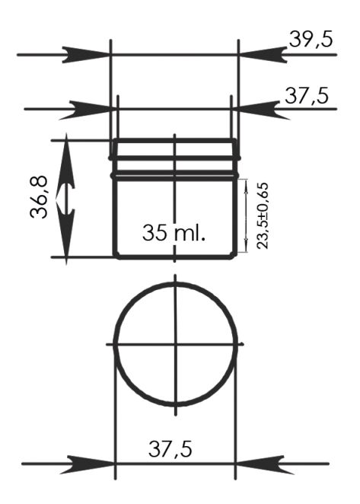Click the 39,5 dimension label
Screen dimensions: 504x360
tap(311, 40)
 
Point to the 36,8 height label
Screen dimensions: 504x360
tap(41, 197)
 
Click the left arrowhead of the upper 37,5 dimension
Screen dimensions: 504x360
tap(96, 109)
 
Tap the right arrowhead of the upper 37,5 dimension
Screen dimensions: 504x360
tap(254, 109)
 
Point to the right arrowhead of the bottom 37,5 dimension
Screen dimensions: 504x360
tap(258, 462)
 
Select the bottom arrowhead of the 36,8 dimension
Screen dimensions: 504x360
tap(67, 248)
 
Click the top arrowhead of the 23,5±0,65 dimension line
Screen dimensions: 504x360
tap(246, 183)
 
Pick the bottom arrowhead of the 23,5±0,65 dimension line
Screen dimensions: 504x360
tap(246, 249)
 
